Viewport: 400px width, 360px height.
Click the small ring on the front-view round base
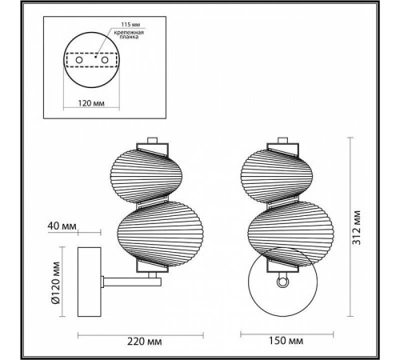click(282, 282)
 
